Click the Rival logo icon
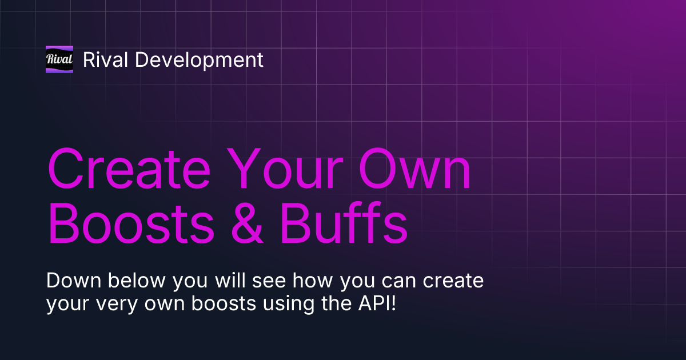tap(59, 59)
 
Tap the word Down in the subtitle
tap(70, 281)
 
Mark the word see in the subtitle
tap(243, 281)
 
